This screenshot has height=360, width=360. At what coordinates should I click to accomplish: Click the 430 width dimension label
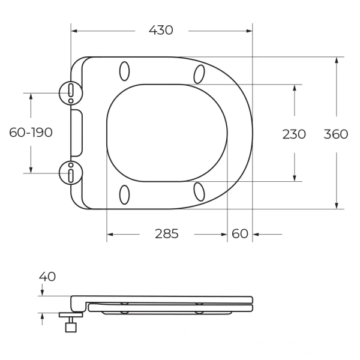[161, 30]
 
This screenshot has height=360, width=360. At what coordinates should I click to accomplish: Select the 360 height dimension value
[336, 134]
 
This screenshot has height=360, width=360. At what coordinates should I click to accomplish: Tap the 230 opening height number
[294, 134]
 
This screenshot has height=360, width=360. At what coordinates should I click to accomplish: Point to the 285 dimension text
[167, 234]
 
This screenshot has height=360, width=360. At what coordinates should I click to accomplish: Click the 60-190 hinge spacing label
[31, 133]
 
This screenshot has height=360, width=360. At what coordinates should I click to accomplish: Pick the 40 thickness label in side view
[47, 277]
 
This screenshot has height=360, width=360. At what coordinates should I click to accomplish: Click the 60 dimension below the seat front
[240, 234]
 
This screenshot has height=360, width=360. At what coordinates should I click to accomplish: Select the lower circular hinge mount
[70, 172]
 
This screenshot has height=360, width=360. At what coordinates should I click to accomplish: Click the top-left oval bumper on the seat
[125, 71]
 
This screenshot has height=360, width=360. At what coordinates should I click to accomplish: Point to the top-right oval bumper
[199, 74]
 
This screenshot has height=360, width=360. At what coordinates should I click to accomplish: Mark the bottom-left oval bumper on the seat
[125, 194]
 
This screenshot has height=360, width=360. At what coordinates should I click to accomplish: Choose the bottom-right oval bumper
[199, 191]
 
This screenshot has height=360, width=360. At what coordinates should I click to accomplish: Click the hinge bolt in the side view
[71, 324]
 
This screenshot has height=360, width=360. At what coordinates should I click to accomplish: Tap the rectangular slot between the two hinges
[76, 133]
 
